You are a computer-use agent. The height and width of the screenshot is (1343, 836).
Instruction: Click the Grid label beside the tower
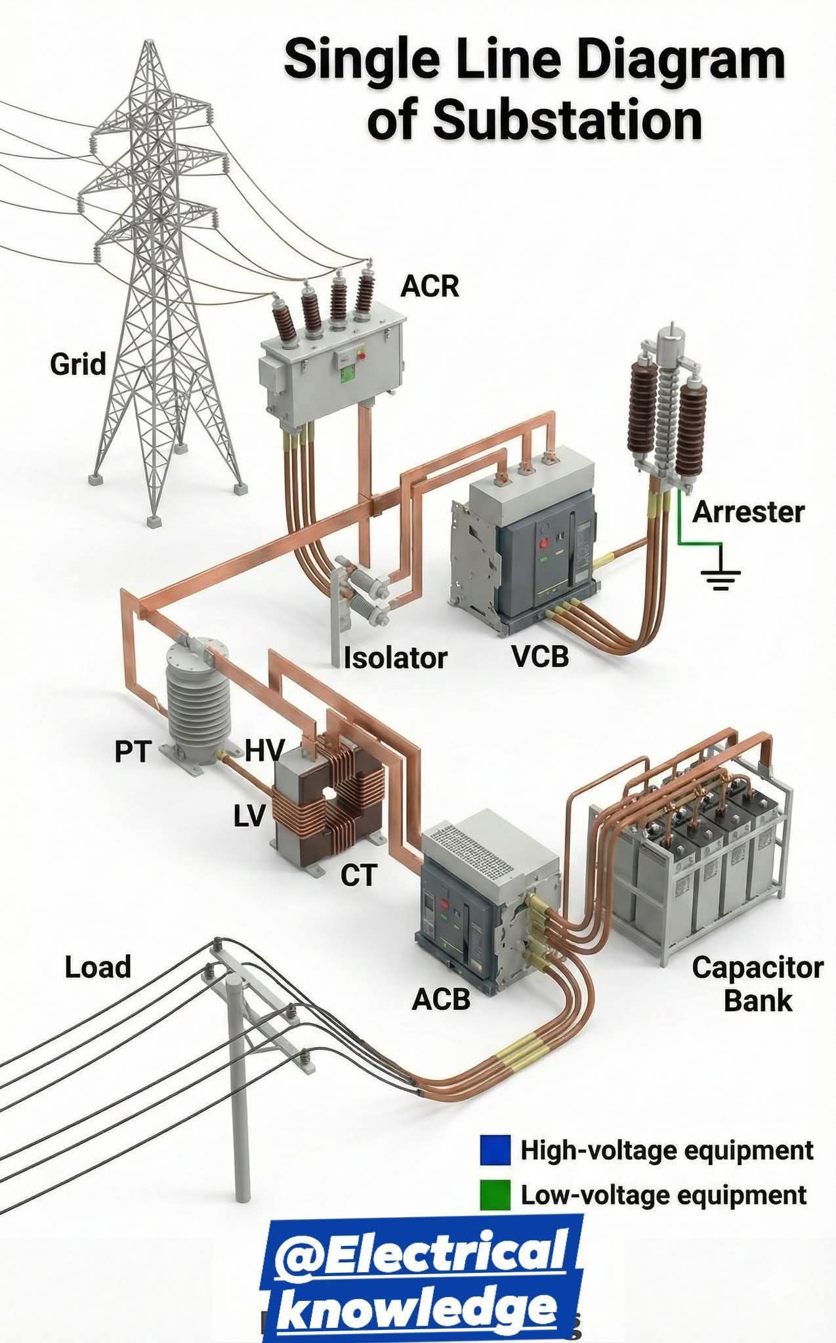pyautogui.click(x=78, y=364)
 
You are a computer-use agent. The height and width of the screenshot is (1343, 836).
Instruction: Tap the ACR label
pyautogui.click(x=430, y=286)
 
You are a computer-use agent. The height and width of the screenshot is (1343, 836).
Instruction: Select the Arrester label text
pyautogui.click(x=748, y=511)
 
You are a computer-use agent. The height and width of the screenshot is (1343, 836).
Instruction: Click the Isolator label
pyautogui.click(x=396, y=658)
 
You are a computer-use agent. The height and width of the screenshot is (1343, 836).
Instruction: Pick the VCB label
pyautogui.click(x=541, y=656)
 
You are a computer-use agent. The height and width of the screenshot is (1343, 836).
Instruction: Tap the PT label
pyautogui.click(x=133, y=752)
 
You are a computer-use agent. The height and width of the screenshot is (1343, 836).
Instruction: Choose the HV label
pyautogui.click(x=265, y=750)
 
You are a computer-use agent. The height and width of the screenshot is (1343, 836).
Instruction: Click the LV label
pyautogui.click(x=249, y=816)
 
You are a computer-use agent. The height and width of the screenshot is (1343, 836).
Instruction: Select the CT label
pyautogui.click(x=359, y=875)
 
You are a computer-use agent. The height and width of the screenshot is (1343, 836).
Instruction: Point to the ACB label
pyautogui.click(x=441, y=999)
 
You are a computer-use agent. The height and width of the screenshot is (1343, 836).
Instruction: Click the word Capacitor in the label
pyautogui.click(x=757, y=968)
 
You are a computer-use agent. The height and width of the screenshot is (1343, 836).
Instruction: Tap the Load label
pyautogui.click(x=98, y=967)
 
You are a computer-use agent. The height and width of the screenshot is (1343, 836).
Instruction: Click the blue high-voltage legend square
pyautogui.click(x=495, y=1151)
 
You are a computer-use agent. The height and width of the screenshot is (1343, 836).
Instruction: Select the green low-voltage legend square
pyautogui.click(x=495, y=1195)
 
